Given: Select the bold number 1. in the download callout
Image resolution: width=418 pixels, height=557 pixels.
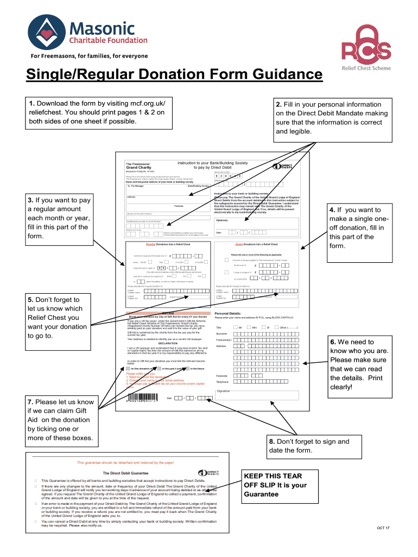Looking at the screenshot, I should coord(33,104).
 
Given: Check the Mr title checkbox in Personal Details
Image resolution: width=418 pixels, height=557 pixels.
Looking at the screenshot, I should coord(235,327).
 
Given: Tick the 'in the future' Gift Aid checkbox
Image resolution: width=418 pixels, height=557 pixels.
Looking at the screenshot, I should coord(186,368).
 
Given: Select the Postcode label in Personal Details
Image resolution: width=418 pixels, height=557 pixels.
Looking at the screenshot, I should coord(221,376).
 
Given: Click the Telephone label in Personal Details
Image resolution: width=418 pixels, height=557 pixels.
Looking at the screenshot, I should coord(223,382).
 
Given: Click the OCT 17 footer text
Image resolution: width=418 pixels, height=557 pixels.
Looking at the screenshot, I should coord(384,528).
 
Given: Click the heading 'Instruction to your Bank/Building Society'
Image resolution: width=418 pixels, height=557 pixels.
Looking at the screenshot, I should coord(212,163).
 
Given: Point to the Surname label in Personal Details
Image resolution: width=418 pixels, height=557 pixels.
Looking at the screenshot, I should coord(223,333).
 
